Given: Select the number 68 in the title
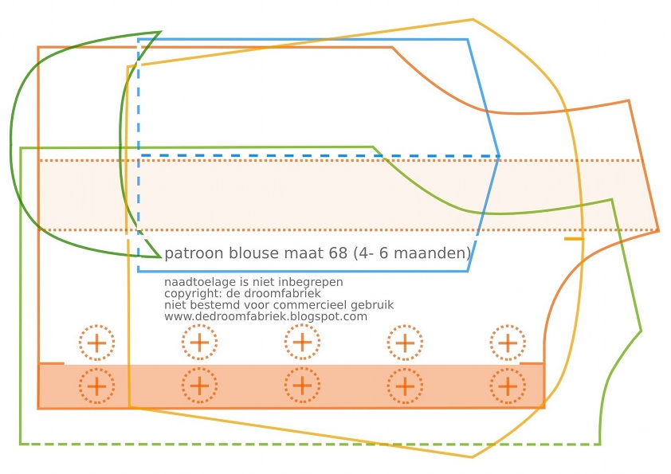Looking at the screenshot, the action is click(x=338, y=253).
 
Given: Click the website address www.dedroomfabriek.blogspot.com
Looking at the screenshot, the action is click(x=265, y=316).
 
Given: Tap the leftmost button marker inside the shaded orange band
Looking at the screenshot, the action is click(x=96, y=386).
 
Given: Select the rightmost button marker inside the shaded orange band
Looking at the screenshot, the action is click(x=508, y=386).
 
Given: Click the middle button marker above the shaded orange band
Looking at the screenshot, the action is click(x=302, y=343).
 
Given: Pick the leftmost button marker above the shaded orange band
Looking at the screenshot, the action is click(x=96, y=343).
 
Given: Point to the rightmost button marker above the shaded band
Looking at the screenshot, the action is click(x=508, y=343).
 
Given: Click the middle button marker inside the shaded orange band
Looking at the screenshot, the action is click(x=302, y=386).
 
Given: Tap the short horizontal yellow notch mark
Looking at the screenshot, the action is click(x=574, y=239).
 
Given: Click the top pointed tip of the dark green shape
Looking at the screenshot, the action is click(x=160, y=32).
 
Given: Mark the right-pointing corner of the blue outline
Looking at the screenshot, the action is click(x=499, y=156).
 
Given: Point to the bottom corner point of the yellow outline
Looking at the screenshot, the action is click(x=472, y=457).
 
